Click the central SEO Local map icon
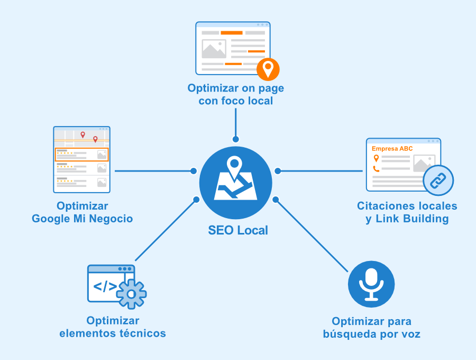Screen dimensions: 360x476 235,183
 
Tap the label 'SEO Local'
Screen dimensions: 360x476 237,230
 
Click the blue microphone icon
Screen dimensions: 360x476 371,284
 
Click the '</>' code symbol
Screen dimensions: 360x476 105,286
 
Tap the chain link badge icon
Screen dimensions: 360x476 438,181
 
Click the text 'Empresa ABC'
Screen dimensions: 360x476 392,149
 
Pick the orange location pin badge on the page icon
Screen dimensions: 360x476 268,69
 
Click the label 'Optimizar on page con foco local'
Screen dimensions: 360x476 235,94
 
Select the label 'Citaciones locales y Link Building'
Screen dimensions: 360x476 407,212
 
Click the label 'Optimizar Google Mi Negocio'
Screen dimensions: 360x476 82,212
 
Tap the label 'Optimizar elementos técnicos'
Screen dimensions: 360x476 113,327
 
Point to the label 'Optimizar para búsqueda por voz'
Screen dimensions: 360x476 371,328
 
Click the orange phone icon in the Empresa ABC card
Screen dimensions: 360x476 376,169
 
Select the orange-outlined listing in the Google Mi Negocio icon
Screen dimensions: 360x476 81,155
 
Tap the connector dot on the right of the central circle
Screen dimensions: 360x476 278,171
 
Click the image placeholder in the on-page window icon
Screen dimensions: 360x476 214,49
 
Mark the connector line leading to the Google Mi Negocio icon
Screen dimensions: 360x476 153,171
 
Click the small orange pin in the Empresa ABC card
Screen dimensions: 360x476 376,158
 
